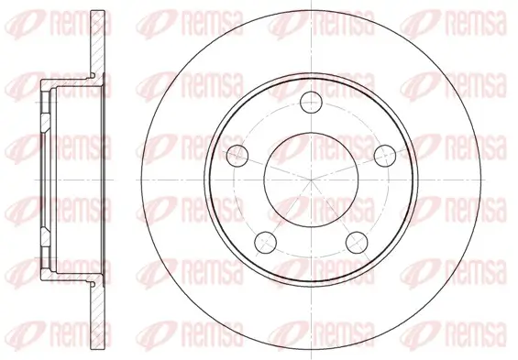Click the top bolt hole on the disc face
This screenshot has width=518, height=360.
[x=311, y=102]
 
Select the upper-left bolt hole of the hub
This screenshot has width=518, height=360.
[x=237, y=155]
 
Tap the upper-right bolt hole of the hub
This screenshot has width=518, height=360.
[x=385, y=155]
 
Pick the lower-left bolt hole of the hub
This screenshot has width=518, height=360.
[x=265, y=242]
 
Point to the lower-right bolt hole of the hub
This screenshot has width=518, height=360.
[x=357, y=242]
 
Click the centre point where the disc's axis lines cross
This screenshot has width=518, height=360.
[x=311, y=180]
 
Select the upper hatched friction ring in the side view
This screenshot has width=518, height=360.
[x=98, y=45]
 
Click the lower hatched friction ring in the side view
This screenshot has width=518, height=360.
[x=98, y=315]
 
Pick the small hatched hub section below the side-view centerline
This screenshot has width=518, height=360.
[x=46, y=236]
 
